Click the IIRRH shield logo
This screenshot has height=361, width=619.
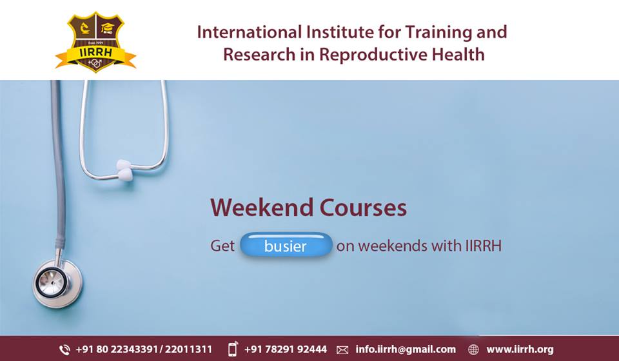tap(96, 42)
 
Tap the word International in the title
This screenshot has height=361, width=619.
tap(249, 32)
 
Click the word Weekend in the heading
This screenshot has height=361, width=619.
tap(262, 208)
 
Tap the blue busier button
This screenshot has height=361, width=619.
tap(286, 245)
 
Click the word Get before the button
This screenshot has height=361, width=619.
tap(222, 246)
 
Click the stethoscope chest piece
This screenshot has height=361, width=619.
tap(57, 283)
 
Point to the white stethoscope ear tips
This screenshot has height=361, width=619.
tap(124, 170)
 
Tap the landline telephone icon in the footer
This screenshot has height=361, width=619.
tap(64, 349)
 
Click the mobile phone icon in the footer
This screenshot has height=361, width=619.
tap(233, 349)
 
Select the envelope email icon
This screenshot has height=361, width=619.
tap(342, 350)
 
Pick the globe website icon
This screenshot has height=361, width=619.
tap(473, 349)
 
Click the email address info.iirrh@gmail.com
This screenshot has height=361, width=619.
tap(406, 349)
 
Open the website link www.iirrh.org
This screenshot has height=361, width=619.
tap(520, 349)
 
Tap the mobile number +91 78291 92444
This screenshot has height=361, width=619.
tap(286, 349)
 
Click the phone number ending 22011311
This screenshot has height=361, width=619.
tap(188, 349)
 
